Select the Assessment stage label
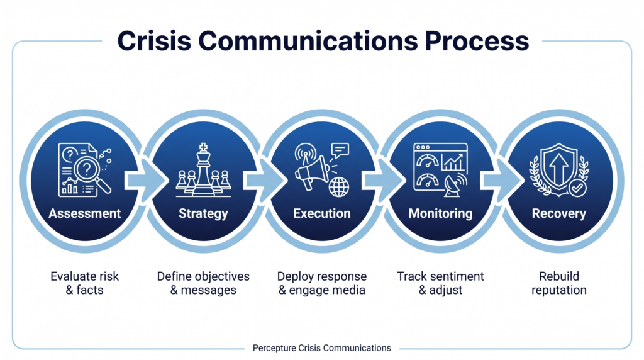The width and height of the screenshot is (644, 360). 85,213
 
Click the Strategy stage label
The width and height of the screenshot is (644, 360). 203,213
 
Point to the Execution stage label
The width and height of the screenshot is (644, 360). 322,213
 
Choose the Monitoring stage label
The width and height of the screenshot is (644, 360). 440,213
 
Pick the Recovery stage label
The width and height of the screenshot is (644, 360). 559,213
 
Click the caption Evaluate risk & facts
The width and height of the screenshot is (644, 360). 85,283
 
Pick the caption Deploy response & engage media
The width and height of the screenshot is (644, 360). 322,283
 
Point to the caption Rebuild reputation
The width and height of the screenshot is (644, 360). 559,283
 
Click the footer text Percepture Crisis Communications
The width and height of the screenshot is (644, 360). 322,348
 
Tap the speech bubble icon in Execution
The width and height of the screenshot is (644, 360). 340,150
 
